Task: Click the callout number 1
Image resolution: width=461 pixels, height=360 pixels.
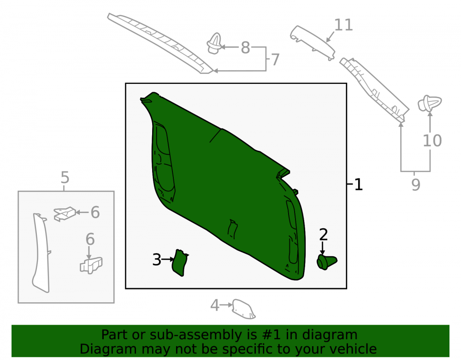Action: click(358, 184)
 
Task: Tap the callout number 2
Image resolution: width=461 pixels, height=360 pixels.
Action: click(324, 235)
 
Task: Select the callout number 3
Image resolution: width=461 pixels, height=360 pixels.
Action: click(157, 260)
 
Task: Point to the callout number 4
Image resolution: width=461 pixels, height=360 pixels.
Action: click(215, 305)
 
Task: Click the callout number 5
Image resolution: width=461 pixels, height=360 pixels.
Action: click(65, 177)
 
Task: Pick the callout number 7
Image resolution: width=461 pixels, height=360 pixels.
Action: click(275, 59)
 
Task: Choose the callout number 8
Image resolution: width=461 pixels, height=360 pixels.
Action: click(246, 47)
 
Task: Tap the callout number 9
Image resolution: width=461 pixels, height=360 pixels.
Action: click(415, 184)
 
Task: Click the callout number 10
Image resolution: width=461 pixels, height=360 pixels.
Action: click(432, 141)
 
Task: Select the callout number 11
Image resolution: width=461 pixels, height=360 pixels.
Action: click(343, 25)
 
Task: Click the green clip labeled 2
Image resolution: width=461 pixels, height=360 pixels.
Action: click(327, 262)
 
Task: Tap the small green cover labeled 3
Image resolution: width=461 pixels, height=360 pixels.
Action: click(180, 263)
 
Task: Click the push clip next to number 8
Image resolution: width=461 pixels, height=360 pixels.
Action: click(214, 44)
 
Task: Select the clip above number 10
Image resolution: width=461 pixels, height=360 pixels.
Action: click(430, 103)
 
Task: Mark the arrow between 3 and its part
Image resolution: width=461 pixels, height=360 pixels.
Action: click(168, 260)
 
